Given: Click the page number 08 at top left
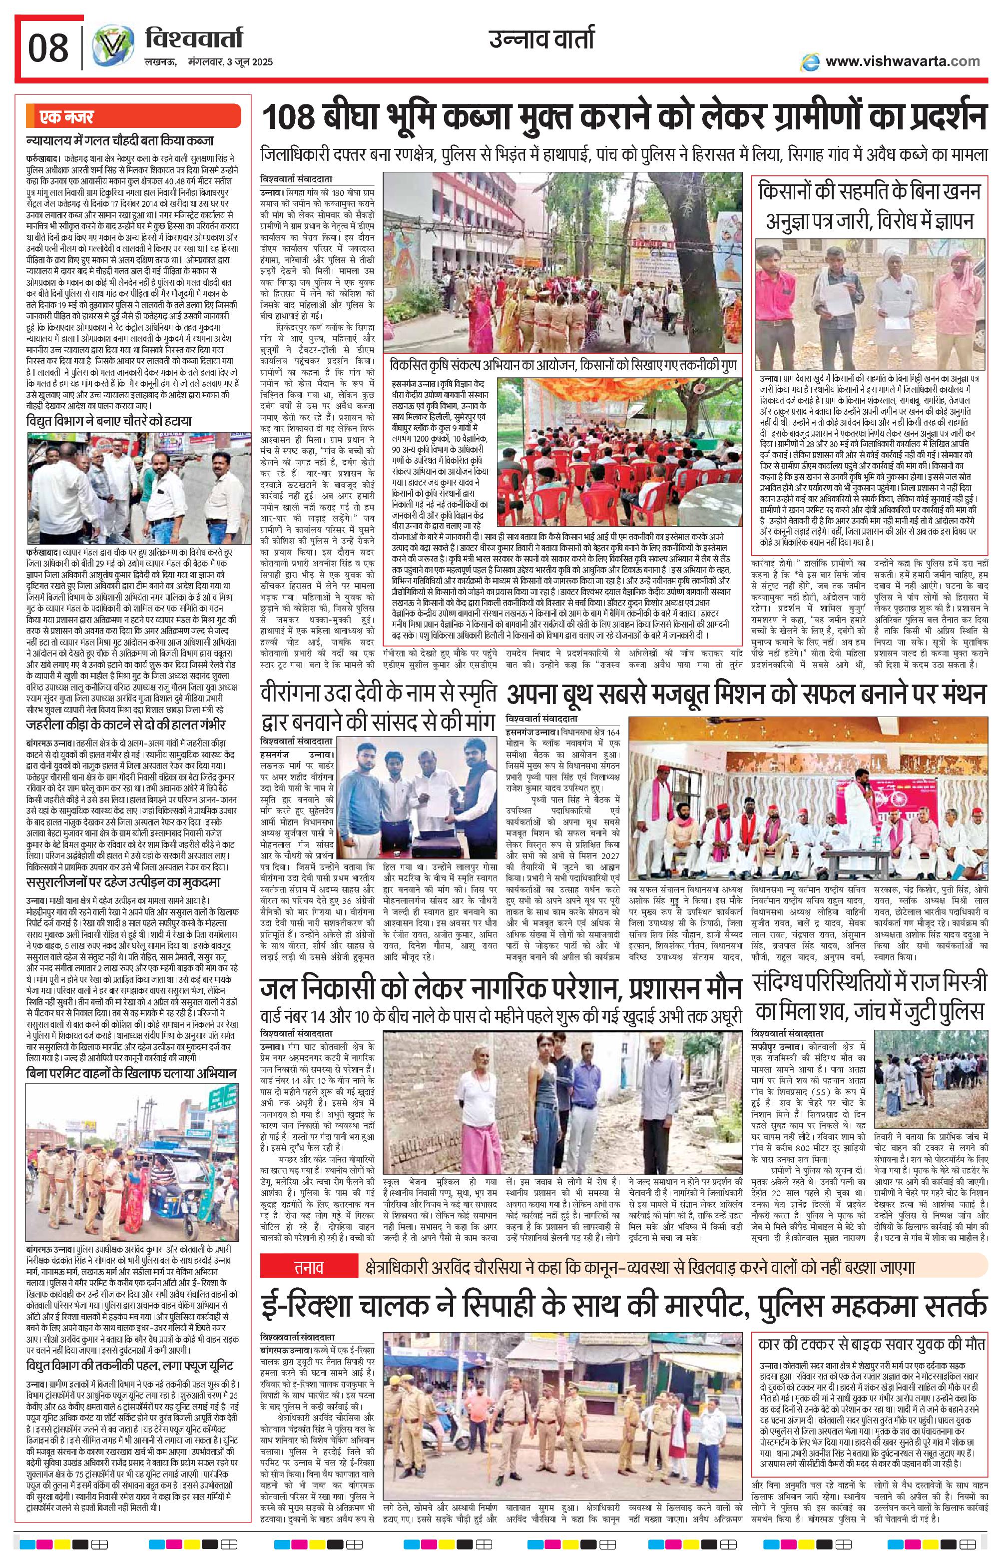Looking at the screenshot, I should point(48,47).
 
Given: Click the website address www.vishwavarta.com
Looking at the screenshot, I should point(902,61).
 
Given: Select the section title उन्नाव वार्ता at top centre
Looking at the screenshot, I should point(542,40).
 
